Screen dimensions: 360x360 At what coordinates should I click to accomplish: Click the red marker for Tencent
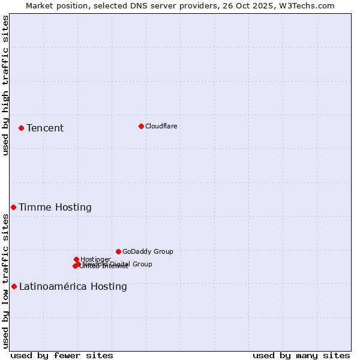[x=21, y=128]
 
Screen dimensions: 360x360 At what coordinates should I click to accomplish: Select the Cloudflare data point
[x=141, y=126]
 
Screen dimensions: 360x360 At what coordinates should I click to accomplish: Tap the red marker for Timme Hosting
[x=13, y=207]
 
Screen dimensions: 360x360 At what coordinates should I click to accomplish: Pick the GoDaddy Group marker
[x=118, y=251]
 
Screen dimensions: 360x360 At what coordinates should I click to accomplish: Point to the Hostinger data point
[x=76, y=259]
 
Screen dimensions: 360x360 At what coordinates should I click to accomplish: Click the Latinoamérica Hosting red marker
[x=14, y=286]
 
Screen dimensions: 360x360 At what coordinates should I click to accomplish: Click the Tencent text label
[x=45, y=128]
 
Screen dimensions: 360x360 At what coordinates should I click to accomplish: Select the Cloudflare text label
[x=161, y=126]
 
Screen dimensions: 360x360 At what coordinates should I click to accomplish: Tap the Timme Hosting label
[x=55, y=207]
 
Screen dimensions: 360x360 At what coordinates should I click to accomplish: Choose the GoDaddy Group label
[x=148, y=251]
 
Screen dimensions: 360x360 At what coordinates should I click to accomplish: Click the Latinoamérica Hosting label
[x=73, y=286]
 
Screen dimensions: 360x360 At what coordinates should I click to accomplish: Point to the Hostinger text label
[x=95, y=259]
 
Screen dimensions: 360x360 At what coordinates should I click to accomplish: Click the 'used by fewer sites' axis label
[x=62, y=355]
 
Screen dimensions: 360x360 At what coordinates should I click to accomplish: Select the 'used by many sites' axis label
[x=301, y=355]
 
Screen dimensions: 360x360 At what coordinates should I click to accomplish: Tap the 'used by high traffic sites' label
[x=6, y=85]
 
